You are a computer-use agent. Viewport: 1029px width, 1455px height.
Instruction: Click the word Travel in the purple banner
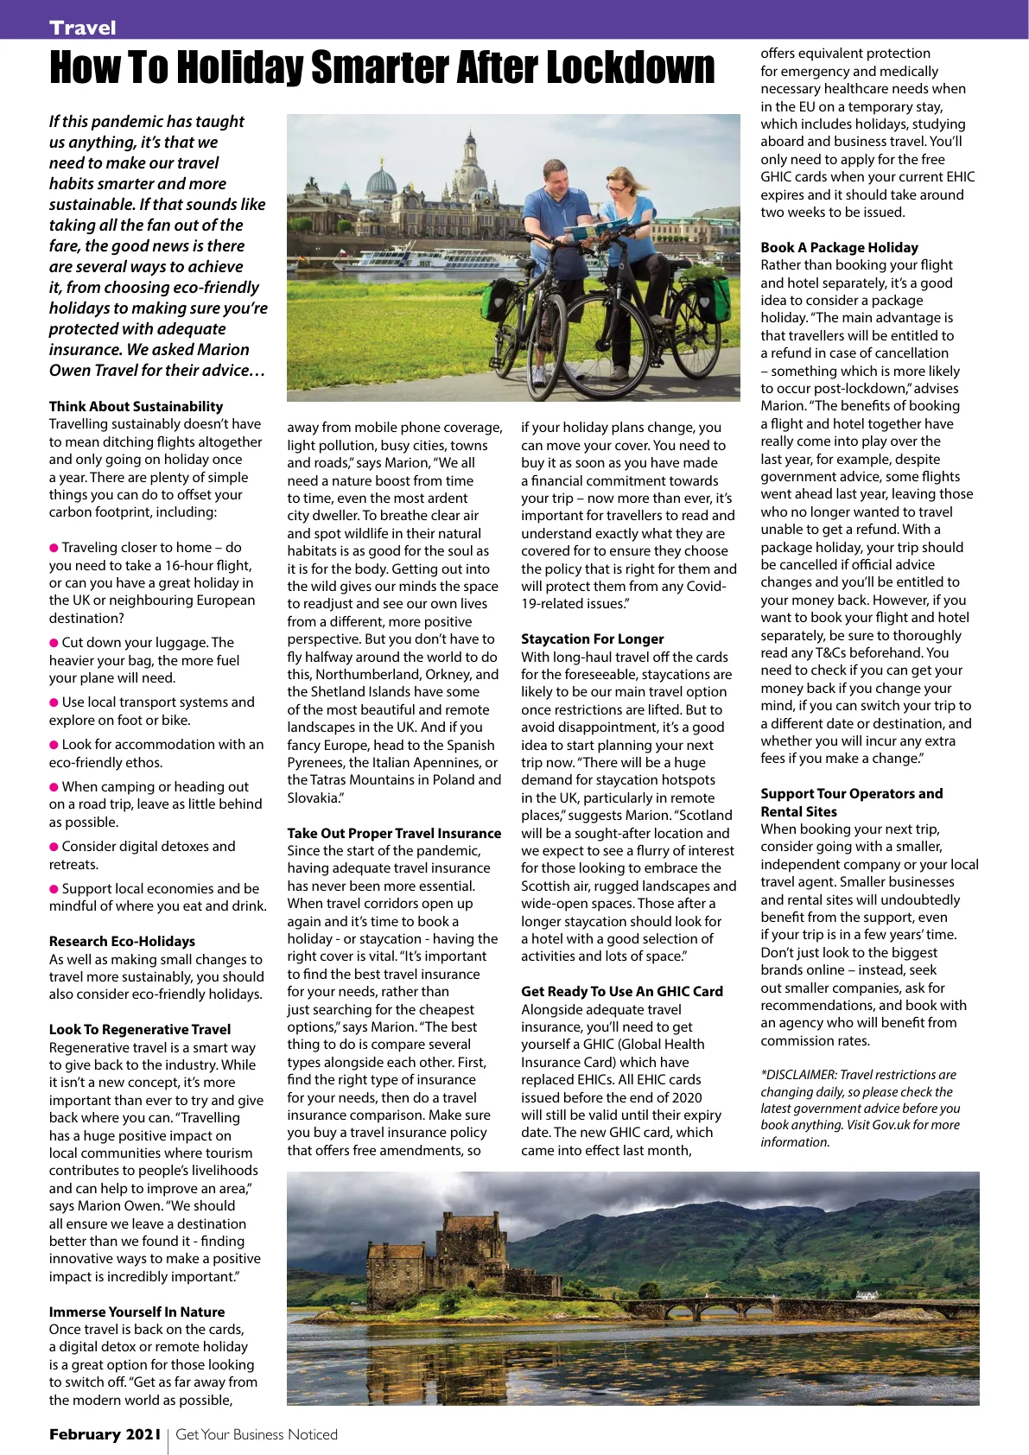click(83, 28)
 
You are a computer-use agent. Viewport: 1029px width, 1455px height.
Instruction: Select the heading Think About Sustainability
click(136, 406)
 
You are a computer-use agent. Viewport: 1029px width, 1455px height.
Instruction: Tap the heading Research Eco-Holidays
click(122, 941)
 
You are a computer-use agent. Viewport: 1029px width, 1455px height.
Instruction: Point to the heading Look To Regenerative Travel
click(140, 1029)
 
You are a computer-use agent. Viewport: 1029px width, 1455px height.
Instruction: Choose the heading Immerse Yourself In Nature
click(137, 1312)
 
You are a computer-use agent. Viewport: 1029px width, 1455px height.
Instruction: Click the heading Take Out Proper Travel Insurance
click(394, 833)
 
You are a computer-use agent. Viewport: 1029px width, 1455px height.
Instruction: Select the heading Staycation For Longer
click(592, 639)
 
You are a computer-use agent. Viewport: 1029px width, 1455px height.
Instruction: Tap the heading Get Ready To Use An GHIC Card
click(621, 991)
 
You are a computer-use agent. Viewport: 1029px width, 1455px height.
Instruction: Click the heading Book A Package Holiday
click(839, 247)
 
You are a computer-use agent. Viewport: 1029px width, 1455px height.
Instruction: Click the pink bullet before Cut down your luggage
click(54, 643)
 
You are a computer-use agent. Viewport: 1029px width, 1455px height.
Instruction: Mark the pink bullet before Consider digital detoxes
click(54, 847)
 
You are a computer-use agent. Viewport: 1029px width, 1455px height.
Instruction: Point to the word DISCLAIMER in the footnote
click(799, 1075)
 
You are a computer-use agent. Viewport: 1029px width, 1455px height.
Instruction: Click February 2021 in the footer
click(105, 1434)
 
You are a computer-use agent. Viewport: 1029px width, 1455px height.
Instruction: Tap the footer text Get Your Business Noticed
click(257, 1434)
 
